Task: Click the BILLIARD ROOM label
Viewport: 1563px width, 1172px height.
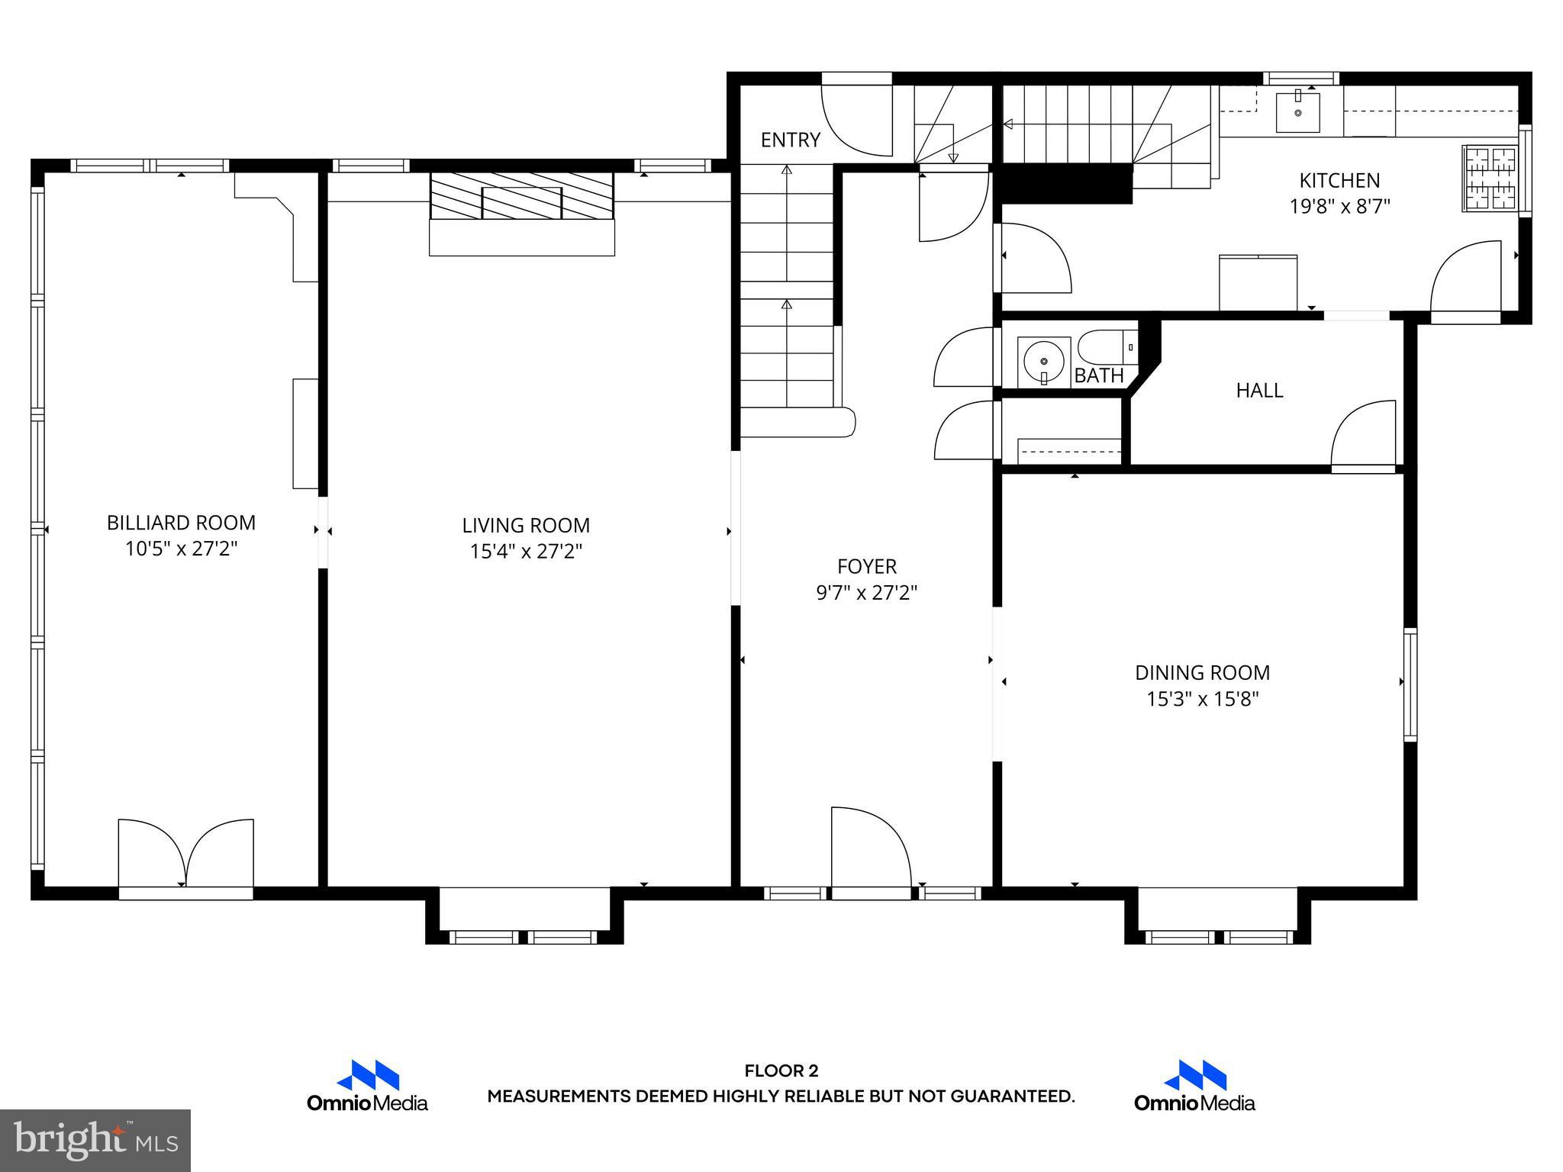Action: coord(181,523)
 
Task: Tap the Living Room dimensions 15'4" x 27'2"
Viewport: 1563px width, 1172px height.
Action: coord(526,551)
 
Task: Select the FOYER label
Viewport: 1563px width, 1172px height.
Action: coord(866,566)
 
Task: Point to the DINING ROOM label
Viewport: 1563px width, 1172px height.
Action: coord(1202,672)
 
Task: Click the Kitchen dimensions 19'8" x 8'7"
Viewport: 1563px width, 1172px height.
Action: coord(1339,207)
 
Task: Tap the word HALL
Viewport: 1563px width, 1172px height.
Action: coord(1259,391)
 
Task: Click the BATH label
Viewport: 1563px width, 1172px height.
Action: coord(1099,375)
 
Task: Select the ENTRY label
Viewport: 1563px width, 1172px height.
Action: coord(790,140)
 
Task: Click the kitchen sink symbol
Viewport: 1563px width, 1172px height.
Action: coord(1297,111)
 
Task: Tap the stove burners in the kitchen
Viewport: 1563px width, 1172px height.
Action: coord(1489,179)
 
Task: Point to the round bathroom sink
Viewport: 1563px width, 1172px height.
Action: coord(1043,361)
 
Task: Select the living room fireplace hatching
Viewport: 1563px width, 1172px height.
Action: coord(522,195)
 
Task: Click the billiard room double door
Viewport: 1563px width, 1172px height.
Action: coord(185,853)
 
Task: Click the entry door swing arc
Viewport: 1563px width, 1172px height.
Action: coord(855,122)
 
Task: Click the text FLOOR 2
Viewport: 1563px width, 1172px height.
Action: coord(781,1071)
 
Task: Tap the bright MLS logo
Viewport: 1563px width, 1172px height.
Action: coord(95,1140)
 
